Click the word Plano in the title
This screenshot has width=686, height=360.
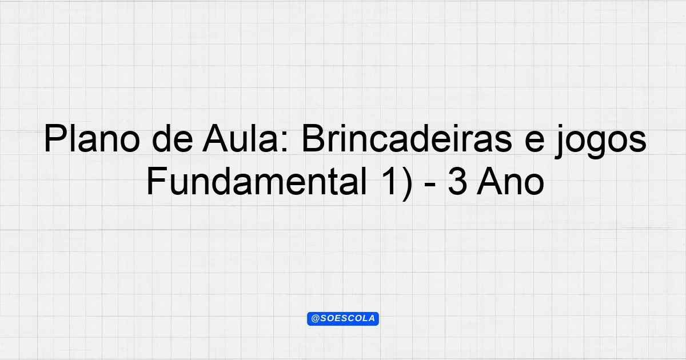point(92,138)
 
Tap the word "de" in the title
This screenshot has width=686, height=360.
point(173,138)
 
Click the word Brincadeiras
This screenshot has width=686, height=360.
point(407,138)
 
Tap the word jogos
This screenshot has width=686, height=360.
point(600,142)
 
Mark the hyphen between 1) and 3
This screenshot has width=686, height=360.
point(430,186)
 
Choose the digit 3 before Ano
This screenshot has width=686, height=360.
point(457,181)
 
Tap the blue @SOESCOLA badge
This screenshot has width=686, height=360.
point(343,319)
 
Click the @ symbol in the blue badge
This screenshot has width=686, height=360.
point(315,319)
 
